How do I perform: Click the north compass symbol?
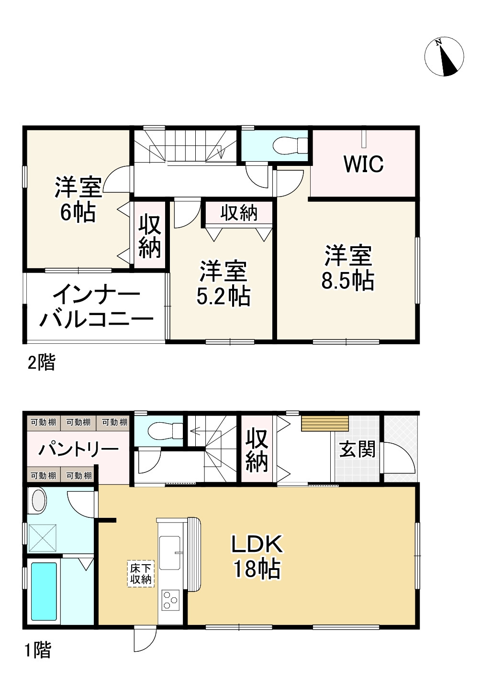click(x=444, y=56)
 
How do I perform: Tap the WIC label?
click(x=364, y=164)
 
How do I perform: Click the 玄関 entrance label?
click(x=357, y=449)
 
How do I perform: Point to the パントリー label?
click(x=78, y=449)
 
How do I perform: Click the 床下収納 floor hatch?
click(x=141, y=574)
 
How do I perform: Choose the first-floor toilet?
click(x=164, y=430)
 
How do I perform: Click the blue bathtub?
click(x=44, y=591)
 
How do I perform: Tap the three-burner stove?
click(x=170, y=600)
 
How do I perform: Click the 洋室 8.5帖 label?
click(x=348, y=268)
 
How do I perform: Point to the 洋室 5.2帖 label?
click(x=224, y=284)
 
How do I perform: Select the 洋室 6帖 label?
click(x=78, y=199)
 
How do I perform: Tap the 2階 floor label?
click(x=41, y=363)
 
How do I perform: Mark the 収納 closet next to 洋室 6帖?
click(x=149, y=236)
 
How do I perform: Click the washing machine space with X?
click(x=43, y=537)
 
